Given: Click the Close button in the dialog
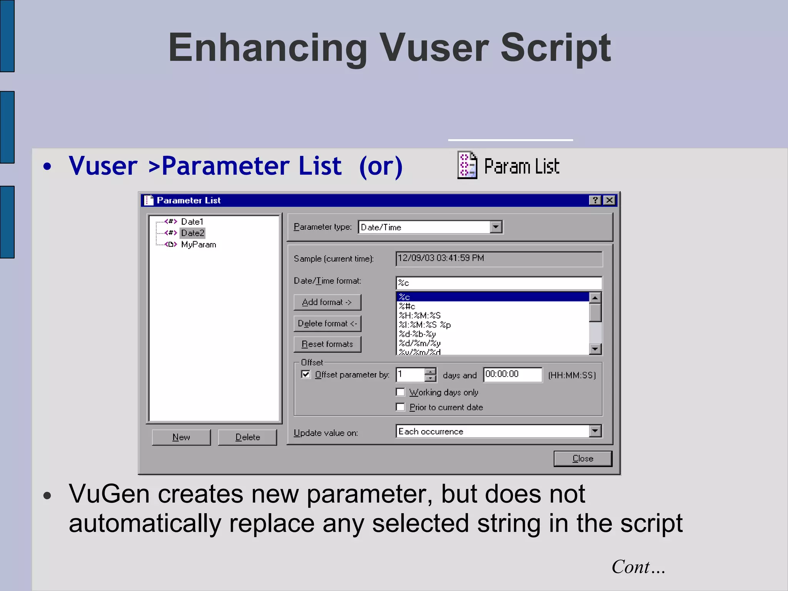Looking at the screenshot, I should tap(583, 459).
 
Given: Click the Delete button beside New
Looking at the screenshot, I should tap(247, 437).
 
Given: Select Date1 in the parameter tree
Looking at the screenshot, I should tap(192, 222).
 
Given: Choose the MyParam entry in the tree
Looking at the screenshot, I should tap(198, 245).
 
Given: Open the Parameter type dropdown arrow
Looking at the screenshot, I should tap(496, 227).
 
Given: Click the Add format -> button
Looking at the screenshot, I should tap(327, 302).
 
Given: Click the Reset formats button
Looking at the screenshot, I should tap(327, 344).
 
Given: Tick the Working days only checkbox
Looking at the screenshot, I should tap(401, 392).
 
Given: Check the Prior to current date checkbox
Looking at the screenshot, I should tap(401, 407).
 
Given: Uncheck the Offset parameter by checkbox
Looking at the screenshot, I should tap(306, 374).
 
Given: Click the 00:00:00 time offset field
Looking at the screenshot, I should tap(512, 374).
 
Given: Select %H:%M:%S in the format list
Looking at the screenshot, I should tap(420, 316).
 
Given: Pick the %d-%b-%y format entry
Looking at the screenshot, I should tap(417, 334).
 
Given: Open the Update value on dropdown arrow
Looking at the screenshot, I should tap(595, 431).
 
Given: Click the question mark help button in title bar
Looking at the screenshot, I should tap(595, 200).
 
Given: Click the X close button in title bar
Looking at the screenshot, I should tap(609, 200).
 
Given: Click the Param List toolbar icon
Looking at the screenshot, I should tap(467, 165).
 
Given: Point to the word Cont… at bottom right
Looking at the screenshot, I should tap(638, 567).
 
